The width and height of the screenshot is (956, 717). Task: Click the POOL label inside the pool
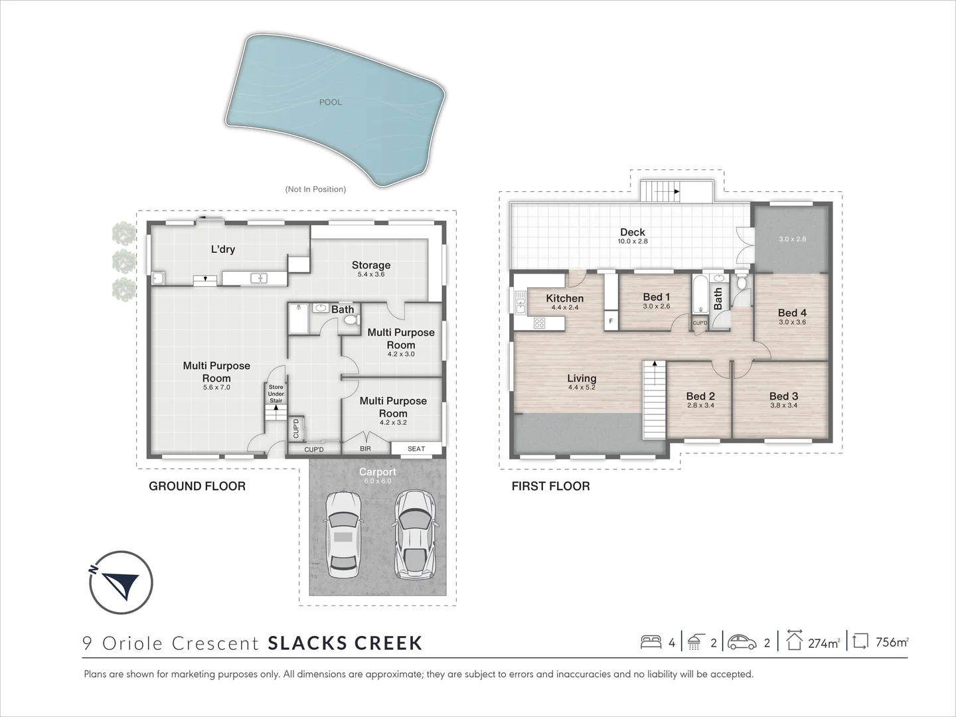[x=331, y=102]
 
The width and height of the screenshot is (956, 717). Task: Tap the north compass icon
[x=121, y=582]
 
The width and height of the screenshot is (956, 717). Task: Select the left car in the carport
[x=343, y=534]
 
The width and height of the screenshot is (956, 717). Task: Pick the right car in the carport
[x=412, y=534]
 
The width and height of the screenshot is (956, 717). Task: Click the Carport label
[x=377, y=472]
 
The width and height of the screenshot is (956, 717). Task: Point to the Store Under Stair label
[x=276, y=394]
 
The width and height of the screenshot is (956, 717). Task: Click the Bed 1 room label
[x=656, y=297]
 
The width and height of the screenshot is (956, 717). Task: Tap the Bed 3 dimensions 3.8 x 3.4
[x=783, y=406]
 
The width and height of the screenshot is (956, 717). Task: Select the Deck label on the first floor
[x=632, y=232]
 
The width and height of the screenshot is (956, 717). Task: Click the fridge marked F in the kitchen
[x=611, y=321]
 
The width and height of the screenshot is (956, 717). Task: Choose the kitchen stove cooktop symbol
[x=539, y=323]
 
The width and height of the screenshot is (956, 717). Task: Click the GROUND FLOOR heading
[x=197, y=486]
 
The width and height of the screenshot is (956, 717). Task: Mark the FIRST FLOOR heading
[x=550, y=486]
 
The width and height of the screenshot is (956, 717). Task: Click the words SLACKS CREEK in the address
[x=345, y=643]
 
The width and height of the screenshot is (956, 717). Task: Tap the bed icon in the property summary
[x=651, y=642]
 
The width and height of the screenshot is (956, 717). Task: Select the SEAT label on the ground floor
[x=416, y=449]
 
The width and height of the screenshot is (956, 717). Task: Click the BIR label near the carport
[x=365, y=449]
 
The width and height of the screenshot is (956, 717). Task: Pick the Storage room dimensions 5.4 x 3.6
[x=371, y=274]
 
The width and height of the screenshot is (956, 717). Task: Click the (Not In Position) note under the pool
[x=315, y=189]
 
